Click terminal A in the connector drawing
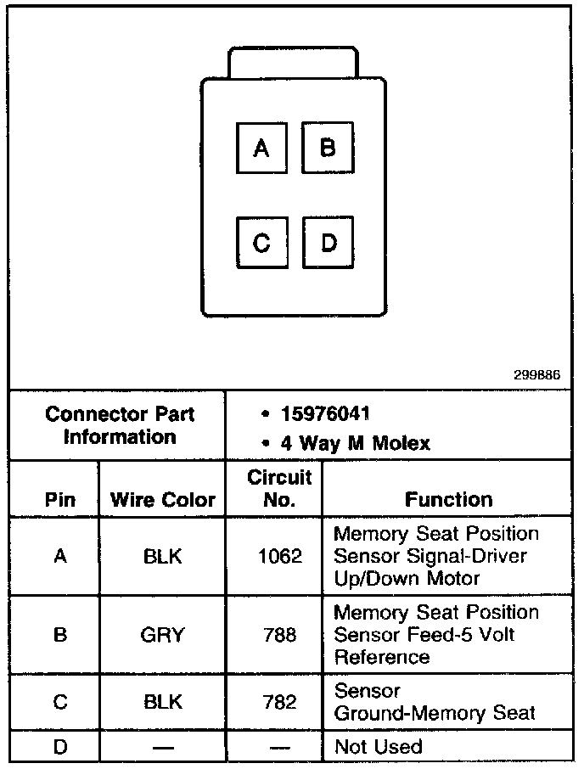coord(261,149)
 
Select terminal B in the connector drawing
coord(328,148)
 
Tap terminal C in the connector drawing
coord(261,244)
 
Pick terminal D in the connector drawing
coord(328,244)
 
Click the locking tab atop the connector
coord(293,64)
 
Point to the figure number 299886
coord(536,374)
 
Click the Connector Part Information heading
coord(120,425)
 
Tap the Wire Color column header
coord(163,499)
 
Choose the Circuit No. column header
coord(279,488)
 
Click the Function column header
coord(448,499)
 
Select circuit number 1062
coord(279,557)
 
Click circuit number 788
coord(279,634)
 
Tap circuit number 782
coord(279,702)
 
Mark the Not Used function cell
coord(378,747)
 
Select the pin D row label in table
coord(59,747)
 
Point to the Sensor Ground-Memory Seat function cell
coord(435,702)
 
